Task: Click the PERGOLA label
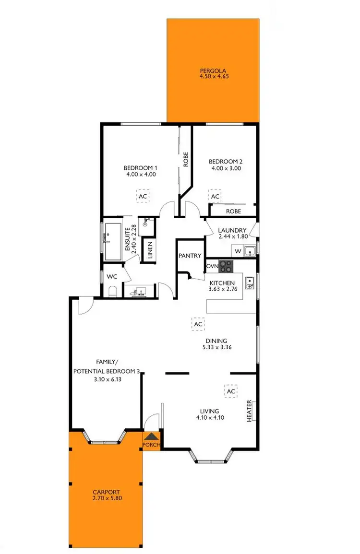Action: click(x=213, y=73)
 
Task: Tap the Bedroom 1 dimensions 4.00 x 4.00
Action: click(x=140, y=175)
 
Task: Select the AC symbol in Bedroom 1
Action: click(x=142, y=196)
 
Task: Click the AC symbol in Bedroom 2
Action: click(x=215, y=197)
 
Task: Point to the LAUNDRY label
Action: click(x=232, y=230)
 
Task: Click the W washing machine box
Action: click(x=238, y=251)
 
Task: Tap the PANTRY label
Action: click(x=190, y=256)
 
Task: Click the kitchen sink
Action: click(x=249, y=283)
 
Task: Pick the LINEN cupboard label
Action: click(x=150, y=250)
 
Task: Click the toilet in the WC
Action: click(x=112, y=291)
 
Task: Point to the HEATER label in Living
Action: click(x=250, y=411)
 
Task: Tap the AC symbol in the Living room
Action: click(x=231, y=391)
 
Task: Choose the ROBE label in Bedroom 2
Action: click(x=233, y=211)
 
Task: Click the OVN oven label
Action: click(x=212, y=266)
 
